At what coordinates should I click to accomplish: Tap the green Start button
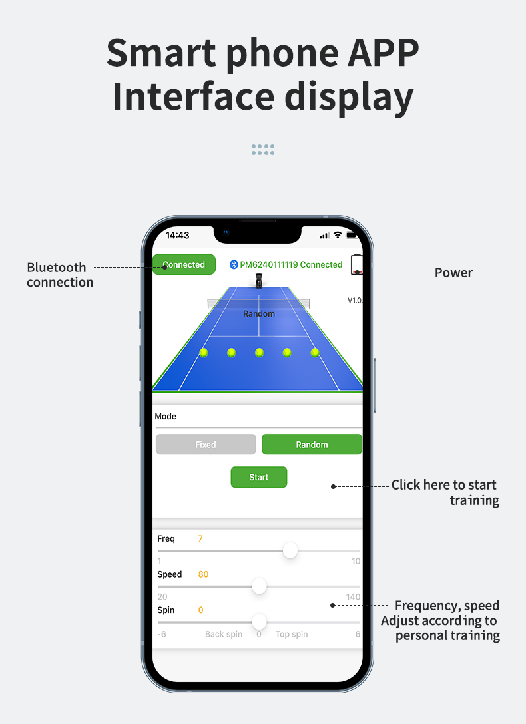pos(258,477)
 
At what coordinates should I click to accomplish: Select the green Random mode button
pos(312,445)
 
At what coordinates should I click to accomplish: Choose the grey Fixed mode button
pos(206,445)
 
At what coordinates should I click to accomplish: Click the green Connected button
pos(184,264)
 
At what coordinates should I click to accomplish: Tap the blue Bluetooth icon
pos(234,264)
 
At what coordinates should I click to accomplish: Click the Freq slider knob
pos(290,550)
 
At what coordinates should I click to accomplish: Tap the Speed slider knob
pos(259,586)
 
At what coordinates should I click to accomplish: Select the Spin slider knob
pos(259,622)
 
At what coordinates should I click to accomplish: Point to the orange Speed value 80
pos(203,574)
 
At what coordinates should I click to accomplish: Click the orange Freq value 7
pos(200,538)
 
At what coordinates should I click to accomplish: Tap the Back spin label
pos(224,634)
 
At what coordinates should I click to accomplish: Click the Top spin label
pos(292,634)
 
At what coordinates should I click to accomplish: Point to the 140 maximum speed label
pos(353,596)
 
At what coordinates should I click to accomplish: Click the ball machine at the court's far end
pos(258,281)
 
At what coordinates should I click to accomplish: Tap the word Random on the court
pos(259,313)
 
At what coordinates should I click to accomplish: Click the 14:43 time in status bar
pos(177,235)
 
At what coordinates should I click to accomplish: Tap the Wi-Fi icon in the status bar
pos(338,235)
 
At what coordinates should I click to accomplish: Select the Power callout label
pos(453,273)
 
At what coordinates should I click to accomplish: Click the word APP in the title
pos(383,53)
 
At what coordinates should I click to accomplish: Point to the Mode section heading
pos(165,416)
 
